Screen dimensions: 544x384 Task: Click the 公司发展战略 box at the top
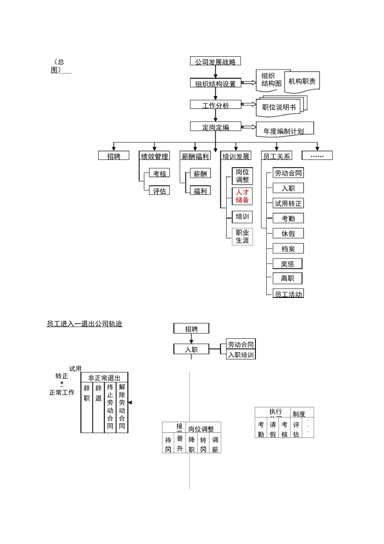pos(215,62)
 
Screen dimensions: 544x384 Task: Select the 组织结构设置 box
pos(215,83)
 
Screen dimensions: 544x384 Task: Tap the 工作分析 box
pos(215,105)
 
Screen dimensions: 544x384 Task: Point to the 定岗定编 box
pos(215,127)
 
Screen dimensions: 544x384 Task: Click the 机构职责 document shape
pos(302,81)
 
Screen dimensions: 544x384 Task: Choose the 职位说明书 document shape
pos(279,107)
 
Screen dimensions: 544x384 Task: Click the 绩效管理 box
pos(154,156)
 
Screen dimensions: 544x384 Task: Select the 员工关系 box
pos(276,156)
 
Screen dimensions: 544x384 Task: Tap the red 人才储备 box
pos(243,196)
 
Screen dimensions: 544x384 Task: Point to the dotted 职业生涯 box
pos(243,236)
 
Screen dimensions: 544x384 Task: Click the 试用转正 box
pos(288,204)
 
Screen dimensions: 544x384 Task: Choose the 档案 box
pos(288,249)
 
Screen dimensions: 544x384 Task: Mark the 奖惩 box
pos(288,264)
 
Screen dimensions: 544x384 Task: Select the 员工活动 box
pos(288,294)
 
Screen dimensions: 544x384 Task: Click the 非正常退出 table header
pos(104,378)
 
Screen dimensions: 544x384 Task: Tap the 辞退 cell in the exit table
pos(98,393)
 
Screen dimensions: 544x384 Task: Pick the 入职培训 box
pos(241,355)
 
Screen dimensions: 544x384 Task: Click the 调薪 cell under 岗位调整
pos(215,444)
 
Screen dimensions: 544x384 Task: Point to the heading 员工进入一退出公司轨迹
pos(84,324)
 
